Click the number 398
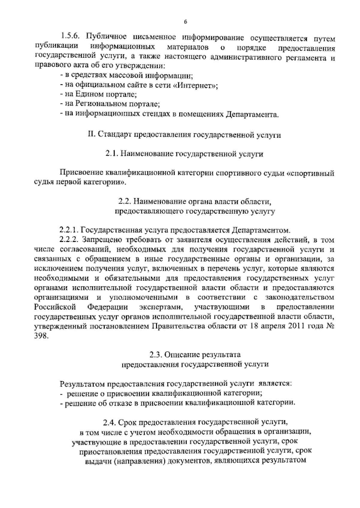click(x=41, y=336)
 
